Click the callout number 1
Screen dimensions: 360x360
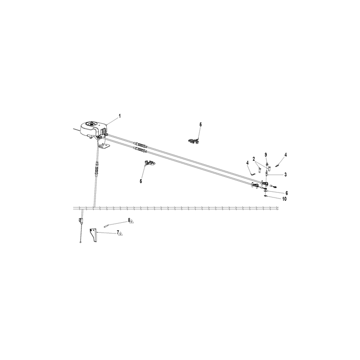[119, 116]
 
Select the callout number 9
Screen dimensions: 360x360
[266, 155]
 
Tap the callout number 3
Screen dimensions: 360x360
[285, 175]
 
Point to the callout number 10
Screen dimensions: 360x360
[284, 199]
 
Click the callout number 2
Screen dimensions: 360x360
[254, 159]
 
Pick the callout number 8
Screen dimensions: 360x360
[129, 220]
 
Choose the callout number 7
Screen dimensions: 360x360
[118, 232]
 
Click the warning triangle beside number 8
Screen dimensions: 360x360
[132, 221]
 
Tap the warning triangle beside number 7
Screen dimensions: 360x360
[121, 234]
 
